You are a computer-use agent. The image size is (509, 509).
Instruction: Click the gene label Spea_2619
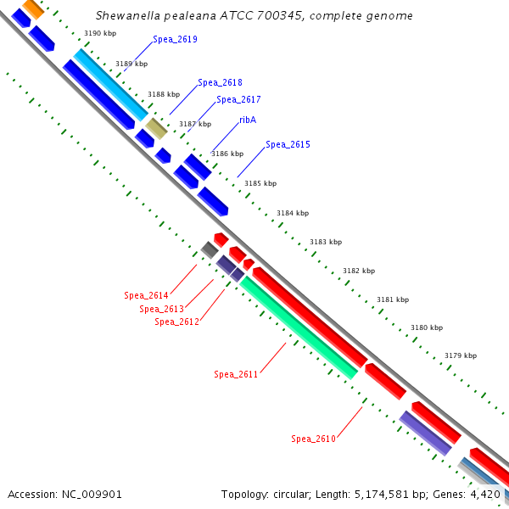175,40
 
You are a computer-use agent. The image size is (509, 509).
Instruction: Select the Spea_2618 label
220,83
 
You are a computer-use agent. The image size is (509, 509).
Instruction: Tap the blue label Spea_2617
238,100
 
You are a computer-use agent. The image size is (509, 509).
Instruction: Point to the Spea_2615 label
288,145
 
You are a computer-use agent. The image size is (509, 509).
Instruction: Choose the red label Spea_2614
146,295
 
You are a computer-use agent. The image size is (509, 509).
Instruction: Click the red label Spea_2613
161,309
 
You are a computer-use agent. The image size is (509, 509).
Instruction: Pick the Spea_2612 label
176,322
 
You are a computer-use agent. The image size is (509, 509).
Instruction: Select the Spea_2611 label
236,374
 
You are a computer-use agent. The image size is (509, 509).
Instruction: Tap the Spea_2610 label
313,439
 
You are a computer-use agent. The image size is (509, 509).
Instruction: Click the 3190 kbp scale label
100,33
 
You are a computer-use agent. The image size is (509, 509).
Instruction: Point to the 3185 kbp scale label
260,183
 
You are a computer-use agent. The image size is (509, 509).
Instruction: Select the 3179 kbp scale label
461,355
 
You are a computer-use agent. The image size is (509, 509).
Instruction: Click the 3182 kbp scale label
359,271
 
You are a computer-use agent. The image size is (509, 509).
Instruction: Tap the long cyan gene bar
111,85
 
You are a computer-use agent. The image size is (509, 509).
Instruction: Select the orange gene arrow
33,9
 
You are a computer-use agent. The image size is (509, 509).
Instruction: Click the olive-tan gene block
156,128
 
